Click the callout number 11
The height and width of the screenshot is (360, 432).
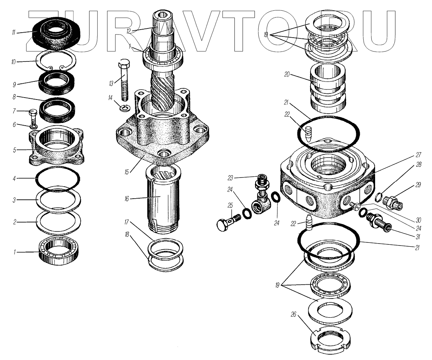point(13,33)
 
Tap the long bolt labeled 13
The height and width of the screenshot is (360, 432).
point(125,80)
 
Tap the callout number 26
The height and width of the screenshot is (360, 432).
point(293,314)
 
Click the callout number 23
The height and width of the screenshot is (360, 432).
point(231,178)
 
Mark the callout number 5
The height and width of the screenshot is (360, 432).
point(14,150)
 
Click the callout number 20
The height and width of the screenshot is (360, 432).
point(287,75)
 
